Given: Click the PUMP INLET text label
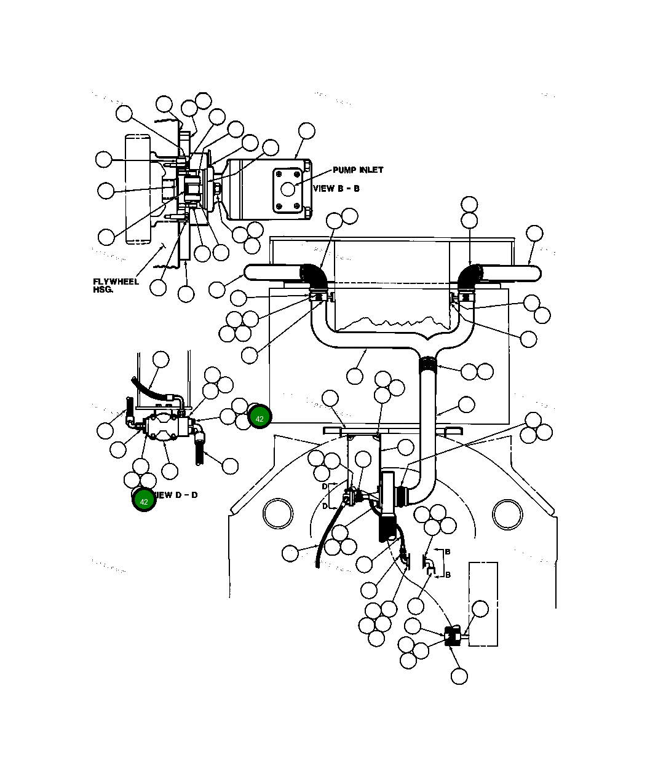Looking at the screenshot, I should pyautogui.click(x=358, y=170).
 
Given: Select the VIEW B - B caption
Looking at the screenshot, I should pyautogui.click(x=336, y=189).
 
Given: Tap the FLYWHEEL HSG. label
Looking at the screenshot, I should pyautogui.click(x=116, y=285).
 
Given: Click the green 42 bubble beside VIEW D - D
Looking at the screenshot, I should pyautogui.click(x=144, y=501).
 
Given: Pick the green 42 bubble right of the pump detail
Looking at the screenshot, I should pyautogui.click(x=260, y=418).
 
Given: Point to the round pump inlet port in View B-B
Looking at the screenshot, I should pyautogui.click(x=288, y=188).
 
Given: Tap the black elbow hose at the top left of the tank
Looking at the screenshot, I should pyautogui.click(x=314, y=274).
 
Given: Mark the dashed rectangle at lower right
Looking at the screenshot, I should pyautogui.click(x=483, y=604).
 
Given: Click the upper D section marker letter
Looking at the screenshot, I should pyautogui.click(x=325, y=486).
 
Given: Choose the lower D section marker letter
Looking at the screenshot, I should pyautogui.click(x=325, y=507).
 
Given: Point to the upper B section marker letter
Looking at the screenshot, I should pyautogui.click(x=448, y=552).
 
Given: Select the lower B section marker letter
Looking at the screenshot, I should pyautogui.click(x=448, y=575).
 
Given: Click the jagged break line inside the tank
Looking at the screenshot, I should pyautogui.click(x=394, y=321).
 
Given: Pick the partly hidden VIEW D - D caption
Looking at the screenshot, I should pyautogui.click(x=177, y=495).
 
